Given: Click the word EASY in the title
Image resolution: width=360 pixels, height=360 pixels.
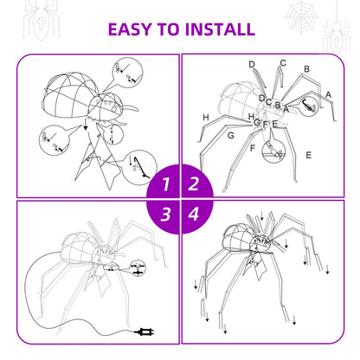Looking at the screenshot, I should [134, 29].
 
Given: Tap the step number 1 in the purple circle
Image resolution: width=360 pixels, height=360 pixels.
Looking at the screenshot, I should [164, 184].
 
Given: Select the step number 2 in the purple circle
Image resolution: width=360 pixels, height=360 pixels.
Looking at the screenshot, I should [195, 183].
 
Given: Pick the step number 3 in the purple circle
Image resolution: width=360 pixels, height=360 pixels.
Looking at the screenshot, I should [164, 214].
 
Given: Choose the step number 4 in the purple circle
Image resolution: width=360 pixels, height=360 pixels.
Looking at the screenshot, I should [195, 214].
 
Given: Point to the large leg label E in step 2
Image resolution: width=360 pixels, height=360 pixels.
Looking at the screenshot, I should [309, 155].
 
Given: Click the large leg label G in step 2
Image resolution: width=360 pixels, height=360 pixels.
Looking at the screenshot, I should [230, 136].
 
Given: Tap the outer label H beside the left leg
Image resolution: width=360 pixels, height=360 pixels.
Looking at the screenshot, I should [206, 118].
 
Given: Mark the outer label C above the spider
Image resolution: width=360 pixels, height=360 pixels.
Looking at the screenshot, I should [283, 63].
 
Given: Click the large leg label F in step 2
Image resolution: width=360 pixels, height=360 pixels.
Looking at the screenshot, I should [253, 148].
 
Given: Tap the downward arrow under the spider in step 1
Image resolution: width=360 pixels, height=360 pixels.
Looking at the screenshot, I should [86, 125].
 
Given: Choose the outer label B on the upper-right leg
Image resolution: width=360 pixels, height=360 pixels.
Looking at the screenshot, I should [306, 69].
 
